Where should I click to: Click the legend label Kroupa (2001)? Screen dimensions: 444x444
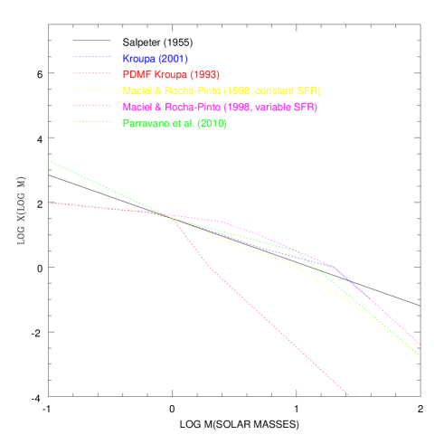155,59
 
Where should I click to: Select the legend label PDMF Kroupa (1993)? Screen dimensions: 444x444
171,75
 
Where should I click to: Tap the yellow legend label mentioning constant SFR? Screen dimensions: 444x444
221,91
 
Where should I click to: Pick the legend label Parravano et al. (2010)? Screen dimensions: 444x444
175,124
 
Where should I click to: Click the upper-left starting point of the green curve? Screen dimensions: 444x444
49,161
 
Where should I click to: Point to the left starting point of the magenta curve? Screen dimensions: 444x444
49,203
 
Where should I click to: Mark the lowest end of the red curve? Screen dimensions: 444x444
349,395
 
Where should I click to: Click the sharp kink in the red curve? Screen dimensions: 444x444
210,267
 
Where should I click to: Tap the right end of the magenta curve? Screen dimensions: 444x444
420,345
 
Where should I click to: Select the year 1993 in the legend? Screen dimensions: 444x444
203,75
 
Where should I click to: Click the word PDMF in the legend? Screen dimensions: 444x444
135,75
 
